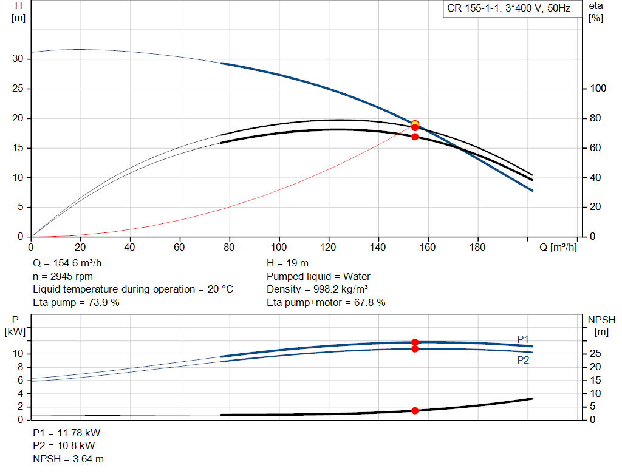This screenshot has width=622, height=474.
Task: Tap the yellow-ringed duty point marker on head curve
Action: (x=415, y=124)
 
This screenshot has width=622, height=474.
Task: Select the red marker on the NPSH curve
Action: (x=415, y=411)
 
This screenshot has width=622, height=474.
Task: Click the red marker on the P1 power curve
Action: (x=415, y=342)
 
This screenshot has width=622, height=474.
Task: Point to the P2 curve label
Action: (x=523, y=360)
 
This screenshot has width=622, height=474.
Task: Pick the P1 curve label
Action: (x=523, y=339)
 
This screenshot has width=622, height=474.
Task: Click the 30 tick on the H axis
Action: (x=18, y=59)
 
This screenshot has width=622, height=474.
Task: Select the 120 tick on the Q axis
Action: (x=329, y=248)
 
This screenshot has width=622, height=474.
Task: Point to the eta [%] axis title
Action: (x=595, y=12)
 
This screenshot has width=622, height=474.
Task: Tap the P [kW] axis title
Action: (x=16, y=325)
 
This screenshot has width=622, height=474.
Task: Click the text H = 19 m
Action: (x=288, y=263)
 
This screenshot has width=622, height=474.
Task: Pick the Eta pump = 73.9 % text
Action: (x=76, y=302)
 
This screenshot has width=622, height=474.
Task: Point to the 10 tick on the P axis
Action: (x=18, y=354)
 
